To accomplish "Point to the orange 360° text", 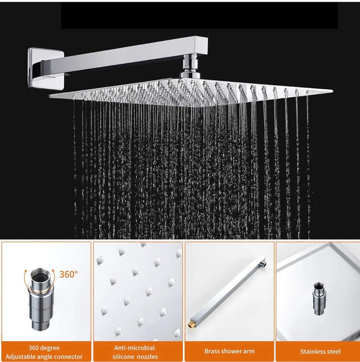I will pos(68,274).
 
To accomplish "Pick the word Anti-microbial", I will pos(134,348).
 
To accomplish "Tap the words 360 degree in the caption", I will pos(46,348).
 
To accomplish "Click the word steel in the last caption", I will pos(334,352).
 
